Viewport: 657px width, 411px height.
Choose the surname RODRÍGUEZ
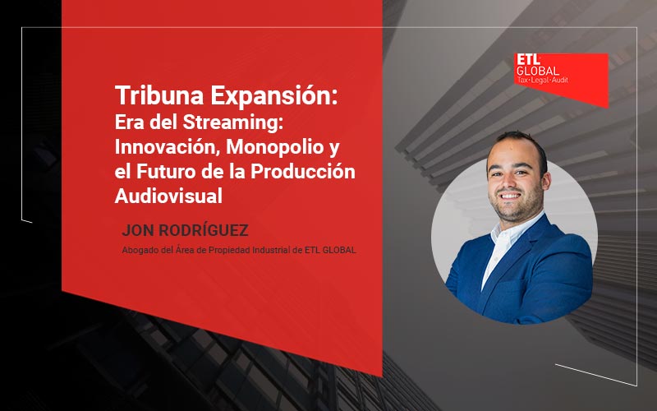[x=203, y=231]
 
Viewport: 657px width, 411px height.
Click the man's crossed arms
[x=526, y=279]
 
